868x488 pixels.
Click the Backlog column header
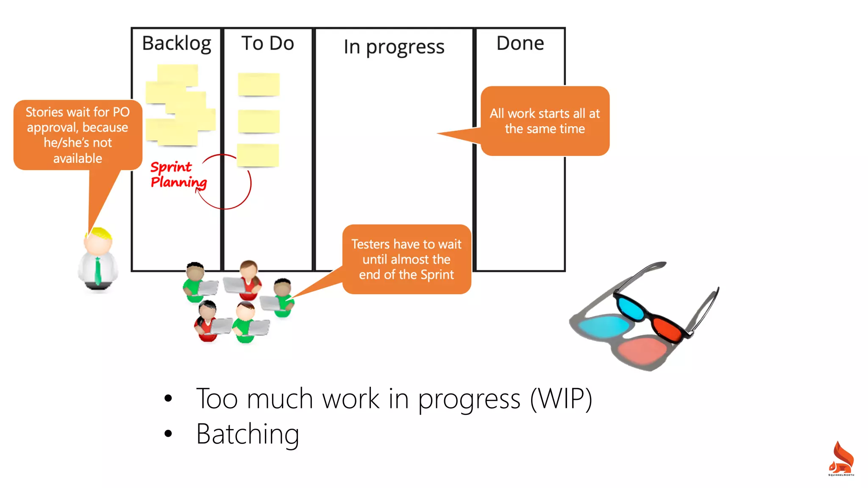coord(176,44)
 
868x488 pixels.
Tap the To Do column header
coord(267,44)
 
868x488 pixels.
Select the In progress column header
coord(394,47)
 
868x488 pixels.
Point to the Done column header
coord(520,44)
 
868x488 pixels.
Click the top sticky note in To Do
coord(259,84)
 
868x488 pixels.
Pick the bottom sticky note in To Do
coord(258,155)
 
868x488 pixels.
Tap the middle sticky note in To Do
coord(259,121)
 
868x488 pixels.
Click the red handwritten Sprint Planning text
coord(178,175)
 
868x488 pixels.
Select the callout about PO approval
coord(78,135)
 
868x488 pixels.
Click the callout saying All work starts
coord(545,121)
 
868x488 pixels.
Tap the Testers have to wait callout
coord(406,259)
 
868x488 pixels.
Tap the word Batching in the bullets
coord(248,434)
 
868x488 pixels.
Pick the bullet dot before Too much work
coord(168,399)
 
